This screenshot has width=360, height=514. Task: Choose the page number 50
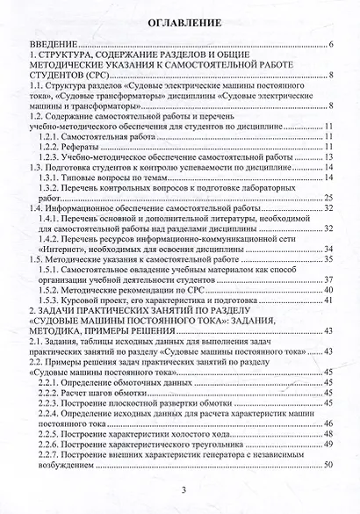[328, 465]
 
